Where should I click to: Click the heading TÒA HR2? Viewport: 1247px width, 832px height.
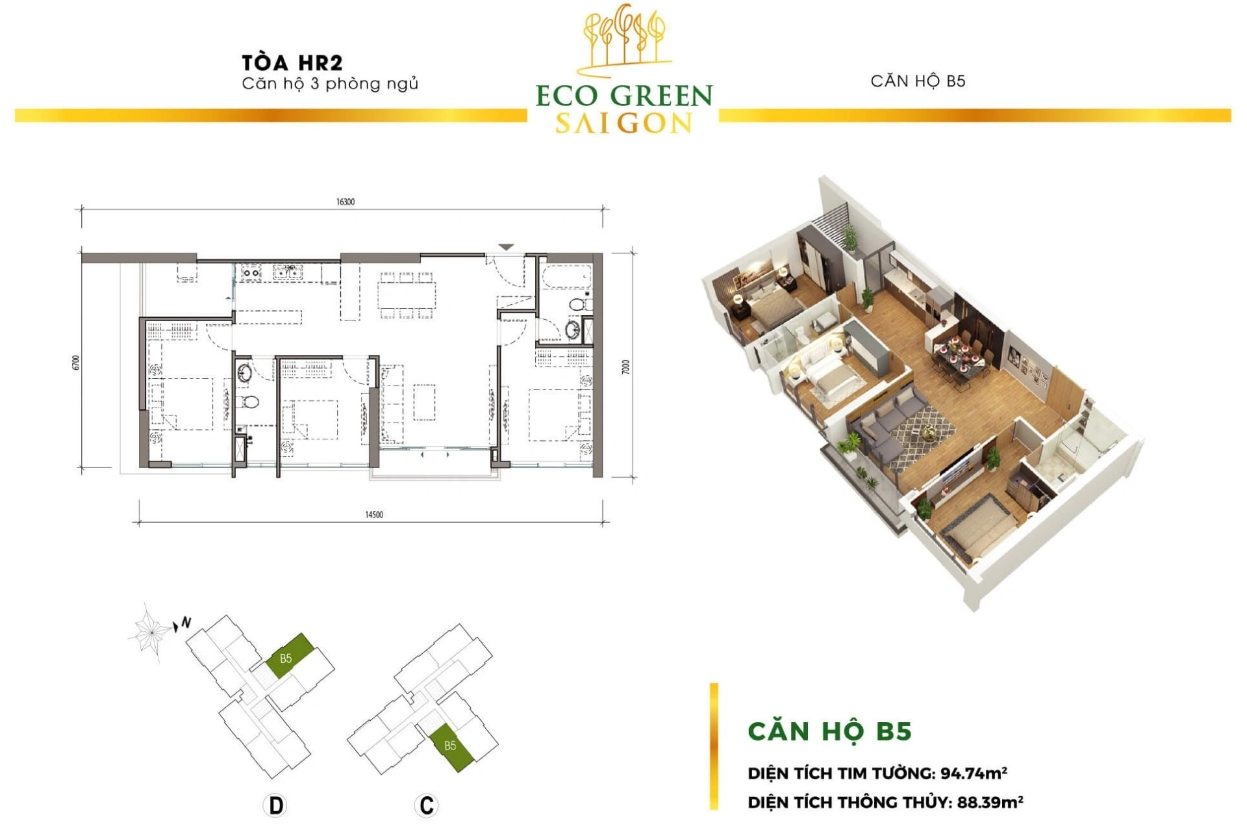point(292,62)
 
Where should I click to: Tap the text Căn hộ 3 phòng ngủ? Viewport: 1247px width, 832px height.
point(330,84)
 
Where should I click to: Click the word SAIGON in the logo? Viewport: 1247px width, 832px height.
point(624,123)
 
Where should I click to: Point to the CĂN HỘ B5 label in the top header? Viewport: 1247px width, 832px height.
point(918,81)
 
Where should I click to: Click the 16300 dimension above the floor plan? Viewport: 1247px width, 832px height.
point(346,202)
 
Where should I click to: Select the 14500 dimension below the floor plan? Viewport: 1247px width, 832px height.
point(374,515)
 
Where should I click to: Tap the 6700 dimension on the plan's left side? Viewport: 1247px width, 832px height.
point(77,363)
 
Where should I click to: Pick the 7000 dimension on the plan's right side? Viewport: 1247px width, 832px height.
point(625,367)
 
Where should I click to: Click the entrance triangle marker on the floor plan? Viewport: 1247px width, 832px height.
point(507,247)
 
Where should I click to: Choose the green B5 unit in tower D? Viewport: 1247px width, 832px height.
point(291,656)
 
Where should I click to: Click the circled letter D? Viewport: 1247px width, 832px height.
point(276,806)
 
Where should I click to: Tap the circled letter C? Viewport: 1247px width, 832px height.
point(427,806)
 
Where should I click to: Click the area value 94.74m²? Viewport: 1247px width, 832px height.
point(974,773)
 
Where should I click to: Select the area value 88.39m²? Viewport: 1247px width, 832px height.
point(990,801)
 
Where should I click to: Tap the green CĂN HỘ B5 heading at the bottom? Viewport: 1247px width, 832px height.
point(830,731)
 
